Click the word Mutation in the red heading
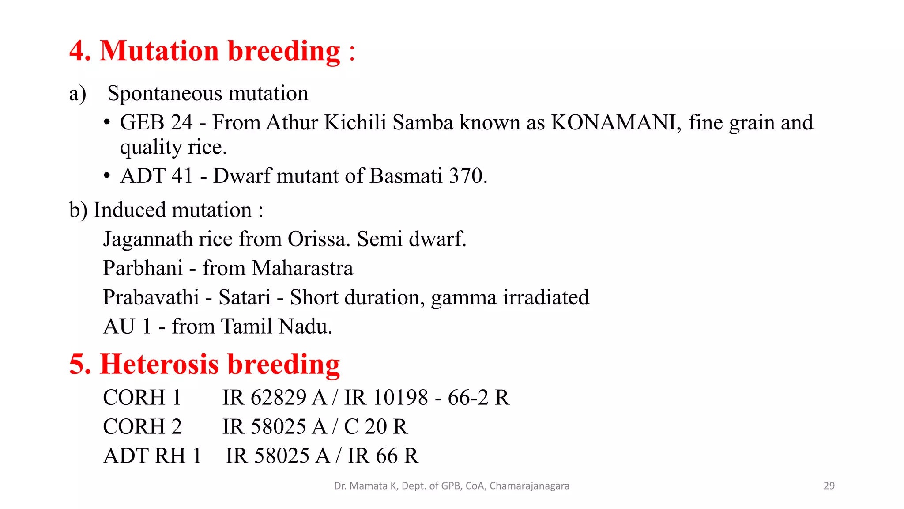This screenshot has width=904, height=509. [x=159, y=51]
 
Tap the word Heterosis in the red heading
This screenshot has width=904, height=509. [x=159, y=365]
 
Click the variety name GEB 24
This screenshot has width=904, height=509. [x=156, y=122]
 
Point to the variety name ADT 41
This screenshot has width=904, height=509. [x=156, y=176]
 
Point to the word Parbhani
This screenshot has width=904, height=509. [x=143, y=268]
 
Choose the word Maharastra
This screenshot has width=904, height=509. [x=302, y=268]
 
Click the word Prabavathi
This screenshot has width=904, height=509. [x=151, y=297]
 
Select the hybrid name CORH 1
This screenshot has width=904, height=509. [x=142, y=397]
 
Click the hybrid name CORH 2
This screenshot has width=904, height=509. [x=142, y=426]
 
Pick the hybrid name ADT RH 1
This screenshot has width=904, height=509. [x=152, y=456]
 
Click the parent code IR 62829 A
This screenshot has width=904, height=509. [x=274, y=397]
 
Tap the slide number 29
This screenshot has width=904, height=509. [x=829, y=486]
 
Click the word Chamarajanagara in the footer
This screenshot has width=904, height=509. [x=529, y=486]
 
